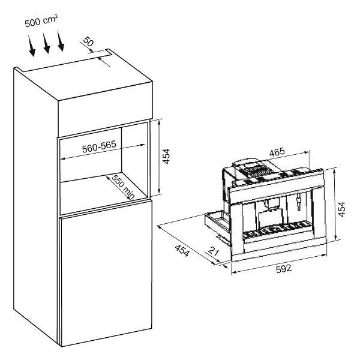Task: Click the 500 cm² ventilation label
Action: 41,21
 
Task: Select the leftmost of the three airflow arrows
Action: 31,46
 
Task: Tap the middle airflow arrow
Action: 46,43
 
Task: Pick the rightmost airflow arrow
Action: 61,41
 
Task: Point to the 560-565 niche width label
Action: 99,146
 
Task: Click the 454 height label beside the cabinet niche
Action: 166,156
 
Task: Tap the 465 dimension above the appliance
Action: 277,152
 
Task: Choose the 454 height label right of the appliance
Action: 342,209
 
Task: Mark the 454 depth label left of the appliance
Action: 182,250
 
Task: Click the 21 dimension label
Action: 214,251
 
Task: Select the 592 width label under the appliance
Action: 284,269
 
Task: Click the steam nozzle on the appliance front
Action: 299,201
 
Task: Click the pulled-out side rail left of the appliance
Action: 217,226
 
